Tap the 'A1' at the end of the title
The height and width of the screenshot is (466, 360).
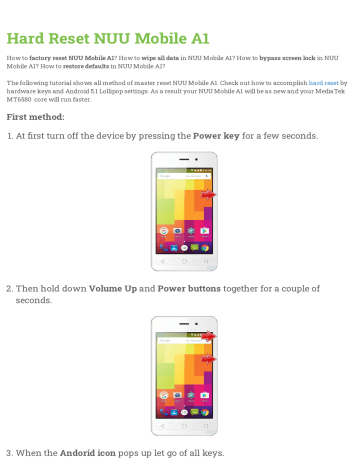click(196, 39)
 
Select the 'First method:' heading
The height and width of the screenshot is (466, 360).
click(37, 116)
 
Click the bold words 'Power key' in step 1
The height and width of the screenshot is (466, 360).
click(222, 135)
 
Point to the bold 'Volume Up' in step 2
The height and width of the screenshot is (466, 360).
click(119, 289)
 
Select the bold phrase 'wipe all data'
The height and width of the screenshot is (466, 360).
click(189, 59)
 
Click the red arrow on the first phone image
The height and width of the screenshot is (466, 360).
click(208, 195)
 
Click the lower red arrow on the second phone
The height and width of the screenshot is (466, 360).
click(208, 358)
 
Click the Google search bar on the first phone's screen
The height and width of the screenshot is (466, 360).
click(180, 172)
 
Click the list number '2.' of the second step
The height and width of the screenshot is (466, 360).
click(9, 289)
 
